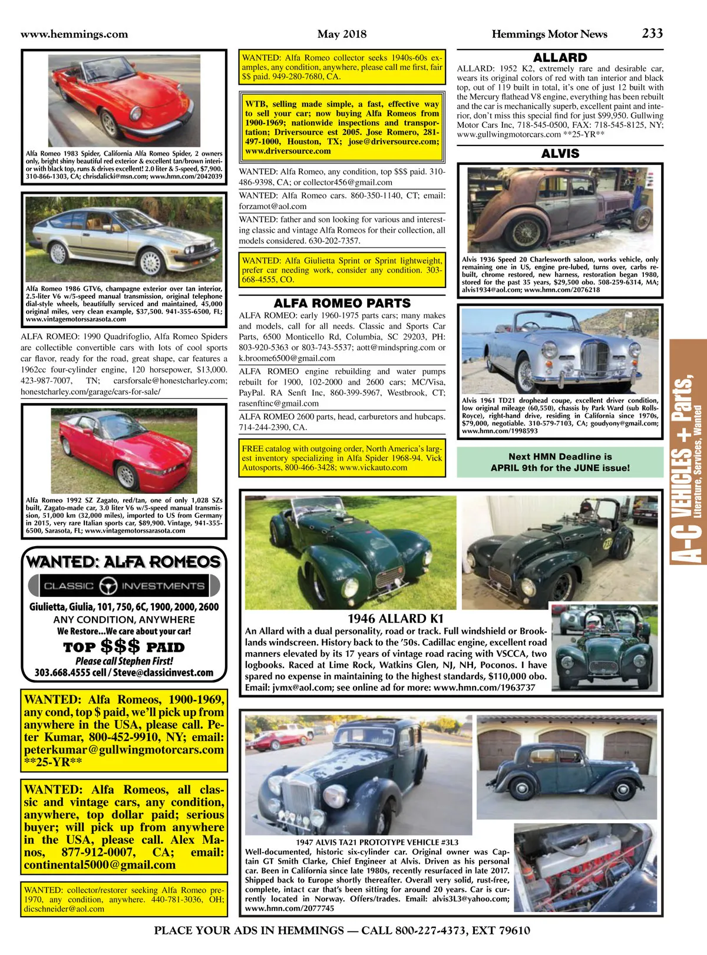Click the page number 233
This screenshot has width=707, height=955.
tap(652, 34)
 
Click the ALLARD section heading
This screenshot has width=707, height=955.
tap(560, 58)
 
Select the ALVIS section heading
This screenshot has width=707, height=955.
tap(560, 154)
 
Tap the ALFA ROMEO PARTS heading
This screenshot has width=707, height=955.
tap(342, 303)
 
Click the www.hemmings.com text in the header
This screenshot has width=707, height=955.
tap(74, 34)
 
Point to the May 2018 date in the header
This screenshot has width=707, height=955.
tap(342, 34)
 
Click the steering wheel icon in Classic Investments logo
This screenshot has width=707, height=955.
tap(108, 586)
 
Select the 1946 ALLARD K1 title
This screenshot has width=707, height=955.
tap(395, 619)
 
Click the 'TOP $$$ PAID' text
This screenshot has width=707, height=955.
tap(124, 646)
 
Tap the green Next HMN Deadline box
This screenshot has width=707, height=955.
tap(560, 462)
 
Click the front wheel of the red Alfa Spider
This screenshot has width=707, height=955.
tap(109, 123)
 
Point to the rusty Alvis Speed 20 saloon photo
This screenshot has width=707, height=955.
tap(560, 209)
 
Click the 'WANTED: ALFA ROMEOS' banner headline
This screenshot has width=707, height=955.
tap(124, 561)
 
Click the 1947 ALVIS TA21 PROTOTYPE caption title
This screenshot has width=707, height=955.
tap(377, 842)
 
